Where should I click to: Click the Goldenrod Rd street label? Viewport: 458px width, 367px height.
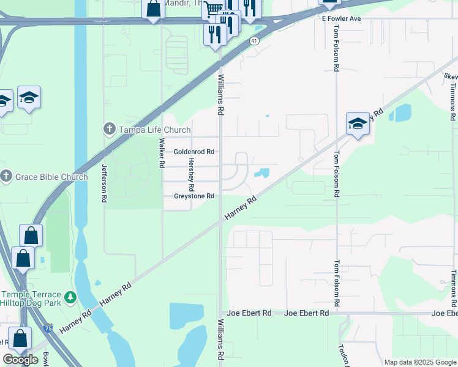point(193,152)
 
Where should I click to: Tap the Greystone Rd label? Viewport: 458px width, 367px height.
point(193,196)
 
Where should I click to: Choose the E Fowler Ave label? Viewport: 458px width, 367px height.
point(342,19)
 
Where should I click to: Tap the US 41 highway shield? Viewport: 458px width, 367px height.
point(253,40)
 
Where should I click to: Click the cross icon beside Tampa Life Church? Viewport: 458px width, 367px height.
point(110,128)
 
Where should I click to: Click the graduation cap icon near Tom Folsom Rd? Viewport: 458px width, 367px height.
point(358,124)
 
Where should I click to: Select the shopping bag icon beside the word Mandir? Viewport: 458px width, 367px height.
point(153,9)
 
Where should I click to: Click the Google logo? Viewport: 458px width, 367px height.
point(21,360)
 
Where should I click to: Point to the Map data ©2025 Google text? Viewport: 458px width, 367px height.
point(420,362)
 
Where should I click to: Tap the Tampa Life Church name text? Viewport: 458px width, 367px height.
point(148,128)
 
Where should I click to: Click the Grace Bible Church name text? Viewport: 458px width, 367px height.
point(51,177)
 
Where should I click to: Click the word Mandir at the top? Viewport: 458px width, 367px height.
point(181,2)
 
